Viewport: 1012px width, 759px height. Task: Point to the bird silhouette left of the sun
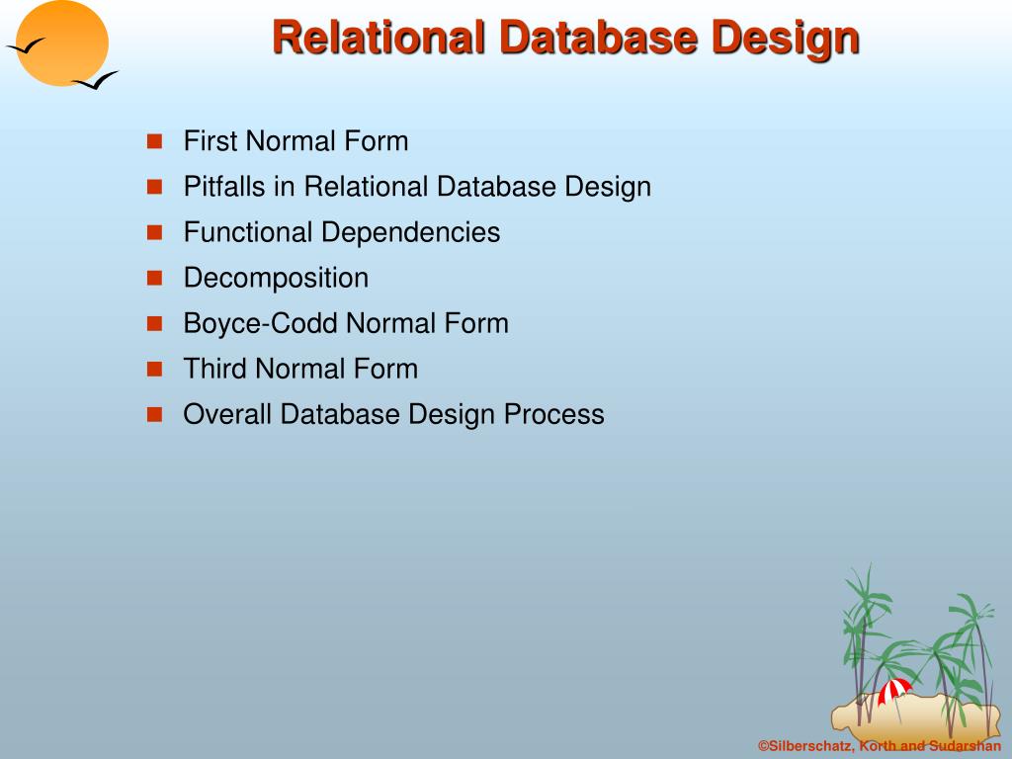point(25,45)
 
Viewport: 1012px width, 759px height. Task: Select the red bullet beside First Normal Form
point(154,141)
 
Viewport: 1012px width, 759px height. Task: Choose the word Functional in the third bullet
point(247,232)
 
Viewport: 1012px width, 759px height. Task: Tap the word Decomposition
point(276,278)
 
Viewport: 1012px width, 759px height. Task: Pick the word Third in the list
point(215,369)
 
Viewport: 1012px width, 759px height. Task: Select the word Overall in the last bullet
point(227,414)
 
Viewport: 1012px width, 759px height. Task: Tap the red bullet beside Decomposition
point(154,278)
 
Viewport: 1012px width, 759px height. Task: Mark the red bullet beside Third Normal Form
point(154,369)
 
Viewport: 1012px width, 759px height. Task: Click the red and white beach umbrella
point(894,689)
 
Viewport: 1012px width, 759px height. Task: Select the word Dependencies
point(409,232)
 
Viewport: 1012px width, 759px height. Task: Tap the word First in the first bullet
point(211,141)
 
